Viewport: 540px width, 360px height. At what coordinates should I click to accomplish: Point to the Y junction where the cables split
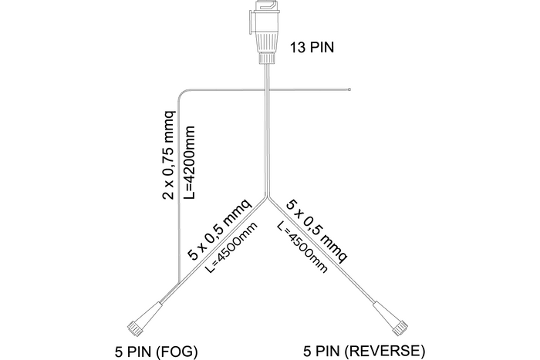[267, 197]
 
